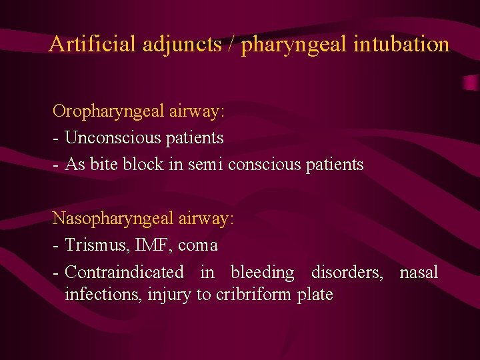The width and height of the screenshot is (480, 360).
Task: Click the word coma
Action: coord(198,245)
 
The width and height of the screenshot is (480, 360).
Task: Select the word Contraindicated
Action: coord(125,272)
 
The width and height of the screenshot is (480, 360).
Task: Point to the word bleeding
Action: coord(262,272)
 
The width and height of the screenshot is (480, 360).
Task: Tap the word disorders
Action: coord(347,272)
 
